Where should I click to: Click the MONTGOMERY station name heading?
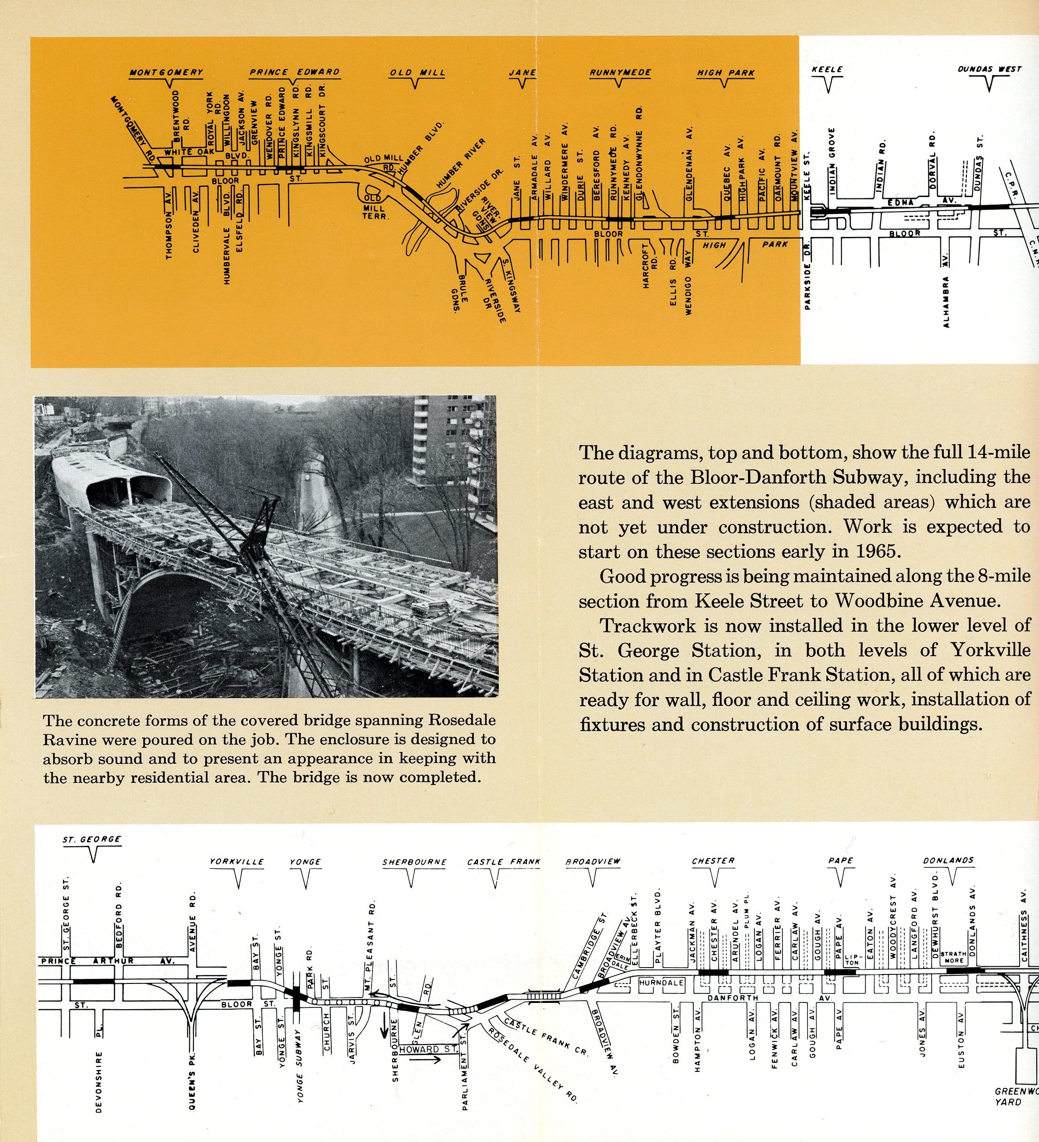click(166, 72)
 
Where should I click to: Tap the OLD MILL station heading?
click(417, 73)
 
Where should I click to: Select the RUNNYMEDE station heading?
click(620, 73)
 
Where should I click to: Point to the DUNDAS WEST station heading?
click(989, 69)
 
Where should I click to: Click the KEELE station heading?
click(826, 69)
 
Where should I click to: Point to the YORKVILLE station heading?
click(237, 862)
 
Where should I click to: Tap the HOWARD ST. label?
click(428, 1049)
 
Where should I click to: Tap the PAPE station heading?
click(840, 861)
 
